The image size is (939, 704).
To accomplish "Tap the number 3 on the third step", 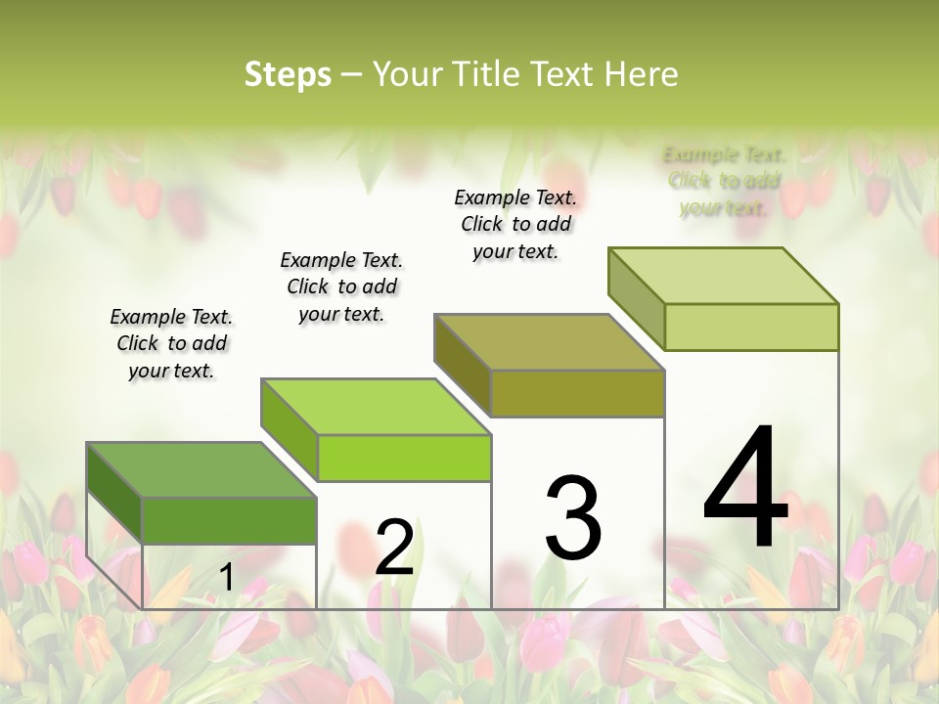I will click(x=572, y=518).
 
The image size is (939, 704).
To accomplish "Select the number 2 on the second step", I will click(x=394, y=548).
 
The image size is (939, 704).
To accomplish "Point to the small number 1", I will click(x=226, y=578).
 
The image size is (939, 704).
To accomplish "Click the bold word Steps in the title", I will click(x=288, y=73).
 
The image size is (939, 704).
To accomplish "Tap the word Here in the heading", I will click(x=642, y=73).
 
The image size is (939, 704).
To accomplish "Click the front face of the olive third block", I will click(x=577, y=394).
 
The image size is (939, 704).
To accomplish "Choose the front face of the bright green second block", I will click(x=404, y=459).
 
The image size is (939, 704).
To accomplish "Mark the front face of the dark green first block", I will click(x=229, y=520).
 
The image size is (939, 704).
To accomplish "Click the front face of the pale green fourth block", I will click(x=751, y=327).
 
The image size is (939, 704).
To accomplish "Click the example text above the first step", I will click(x=171, y=343).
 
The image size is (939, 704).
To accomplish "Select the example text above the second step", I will click(x=341, y=286).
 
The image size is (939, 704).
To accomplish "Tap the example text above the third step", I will click(x=515, y=224).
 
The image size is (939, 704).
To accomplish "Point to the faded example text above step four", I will click(x=724, y=181).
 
